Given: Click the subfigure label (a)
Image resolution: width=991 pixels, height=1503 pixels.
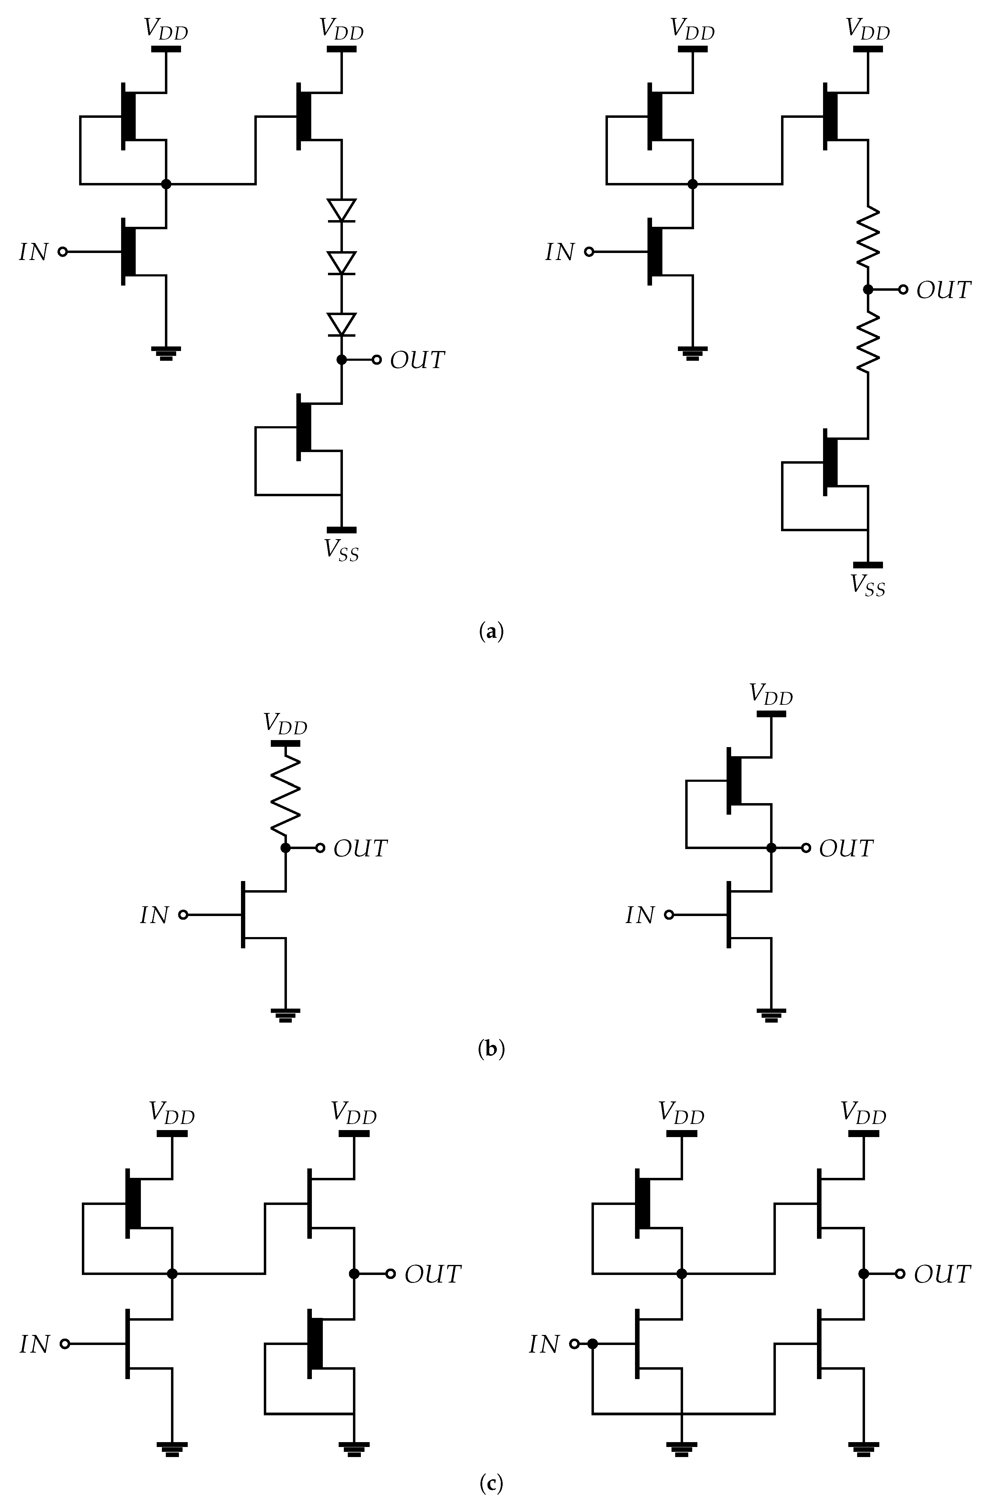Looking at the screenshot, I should [492, 631].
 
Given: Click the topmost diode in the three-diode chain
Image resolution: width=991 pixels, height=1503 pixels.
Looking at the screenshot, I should [341, 210].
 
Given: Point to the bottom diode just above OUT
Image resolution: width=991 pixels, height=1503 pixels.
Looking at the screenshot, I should [341, 324].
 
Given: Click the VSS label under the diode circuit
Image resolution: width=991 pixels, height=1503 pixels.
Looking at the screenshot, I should [341, 551].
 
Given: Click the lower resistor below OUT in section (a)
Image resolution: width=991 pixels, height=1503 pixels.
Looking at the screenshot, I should [868, 342].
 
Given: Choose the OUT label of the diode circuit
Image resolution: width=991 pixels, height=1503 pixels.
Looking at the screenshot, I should [417, 360].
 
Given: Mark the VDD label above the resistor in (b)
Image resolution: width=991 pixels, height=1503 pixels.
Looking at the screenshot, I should [285, 724].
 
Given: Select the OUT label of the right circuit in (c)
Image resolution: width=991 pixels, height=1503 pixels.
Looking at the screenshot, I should [942, 1274].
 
